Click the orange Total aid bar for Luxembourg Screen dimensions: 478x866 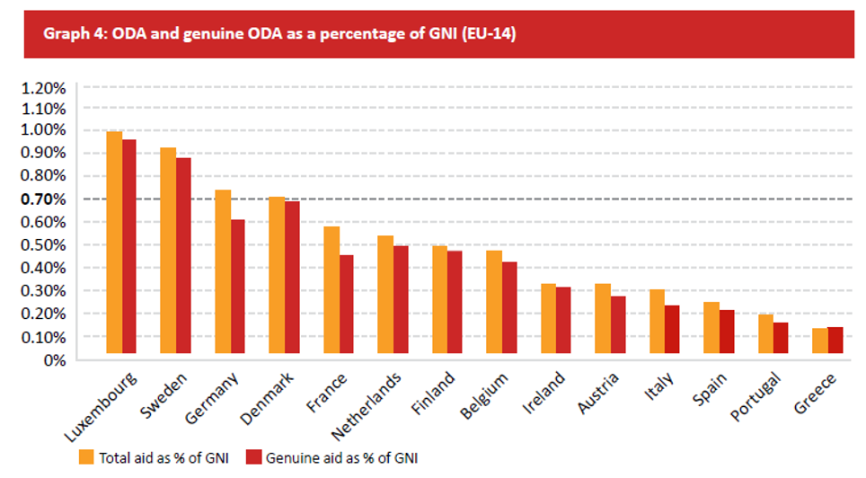[x=114, y=243]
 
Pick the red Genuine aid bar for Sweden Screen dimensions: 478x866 [x=184, y=256]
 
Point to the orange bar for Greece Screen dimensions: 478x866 [x=820, y=341]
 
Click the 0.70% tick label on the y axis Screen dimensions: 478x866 [x=43, y=199]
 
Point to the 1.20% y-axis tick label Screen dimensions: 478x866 [x=43, y=88]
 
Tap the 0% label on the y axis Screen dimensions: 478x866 [x=53, y=360]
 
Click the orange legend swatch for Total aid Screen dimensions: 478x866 [x=86, y=457]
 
